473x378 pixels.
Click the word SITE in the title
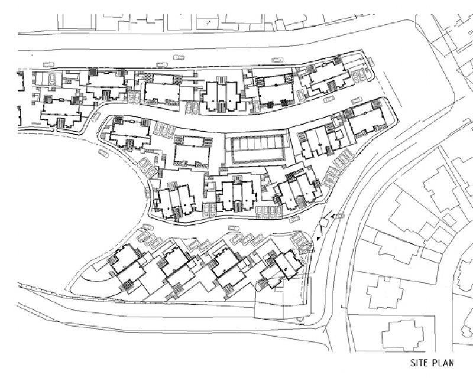[x=419, y=363]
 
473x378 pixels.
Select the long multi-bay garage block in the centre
[x=258, y=149]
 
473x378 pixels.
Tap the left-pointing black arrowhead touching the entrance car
[x=332, y=216]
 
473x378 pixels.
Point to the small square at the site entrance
[x=323, y=223]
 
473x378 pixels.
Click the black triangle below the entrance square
[x=319, y=238]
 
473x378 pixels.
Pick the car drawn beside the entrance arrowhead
[x=339, y=216]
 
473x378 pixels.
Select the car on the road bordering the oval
[x=103, y=153]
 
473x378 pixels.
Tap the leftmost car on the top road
[x=48, y=64]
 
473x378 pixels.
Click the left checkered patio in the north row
[x=148, y=78]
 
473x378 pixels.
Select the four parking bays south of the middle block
[x=269, y=212]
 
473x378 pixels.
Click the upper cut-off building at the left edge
[x=21, y=81]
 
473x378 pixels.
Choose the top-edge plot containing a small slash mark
[x=208, y=22]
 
